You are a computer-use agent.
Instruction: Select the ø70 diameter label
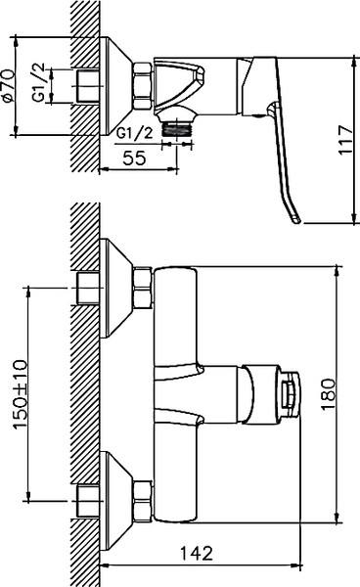[10, 86]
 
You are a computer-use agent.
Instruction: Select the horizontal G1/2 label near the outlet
[133, 133]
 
